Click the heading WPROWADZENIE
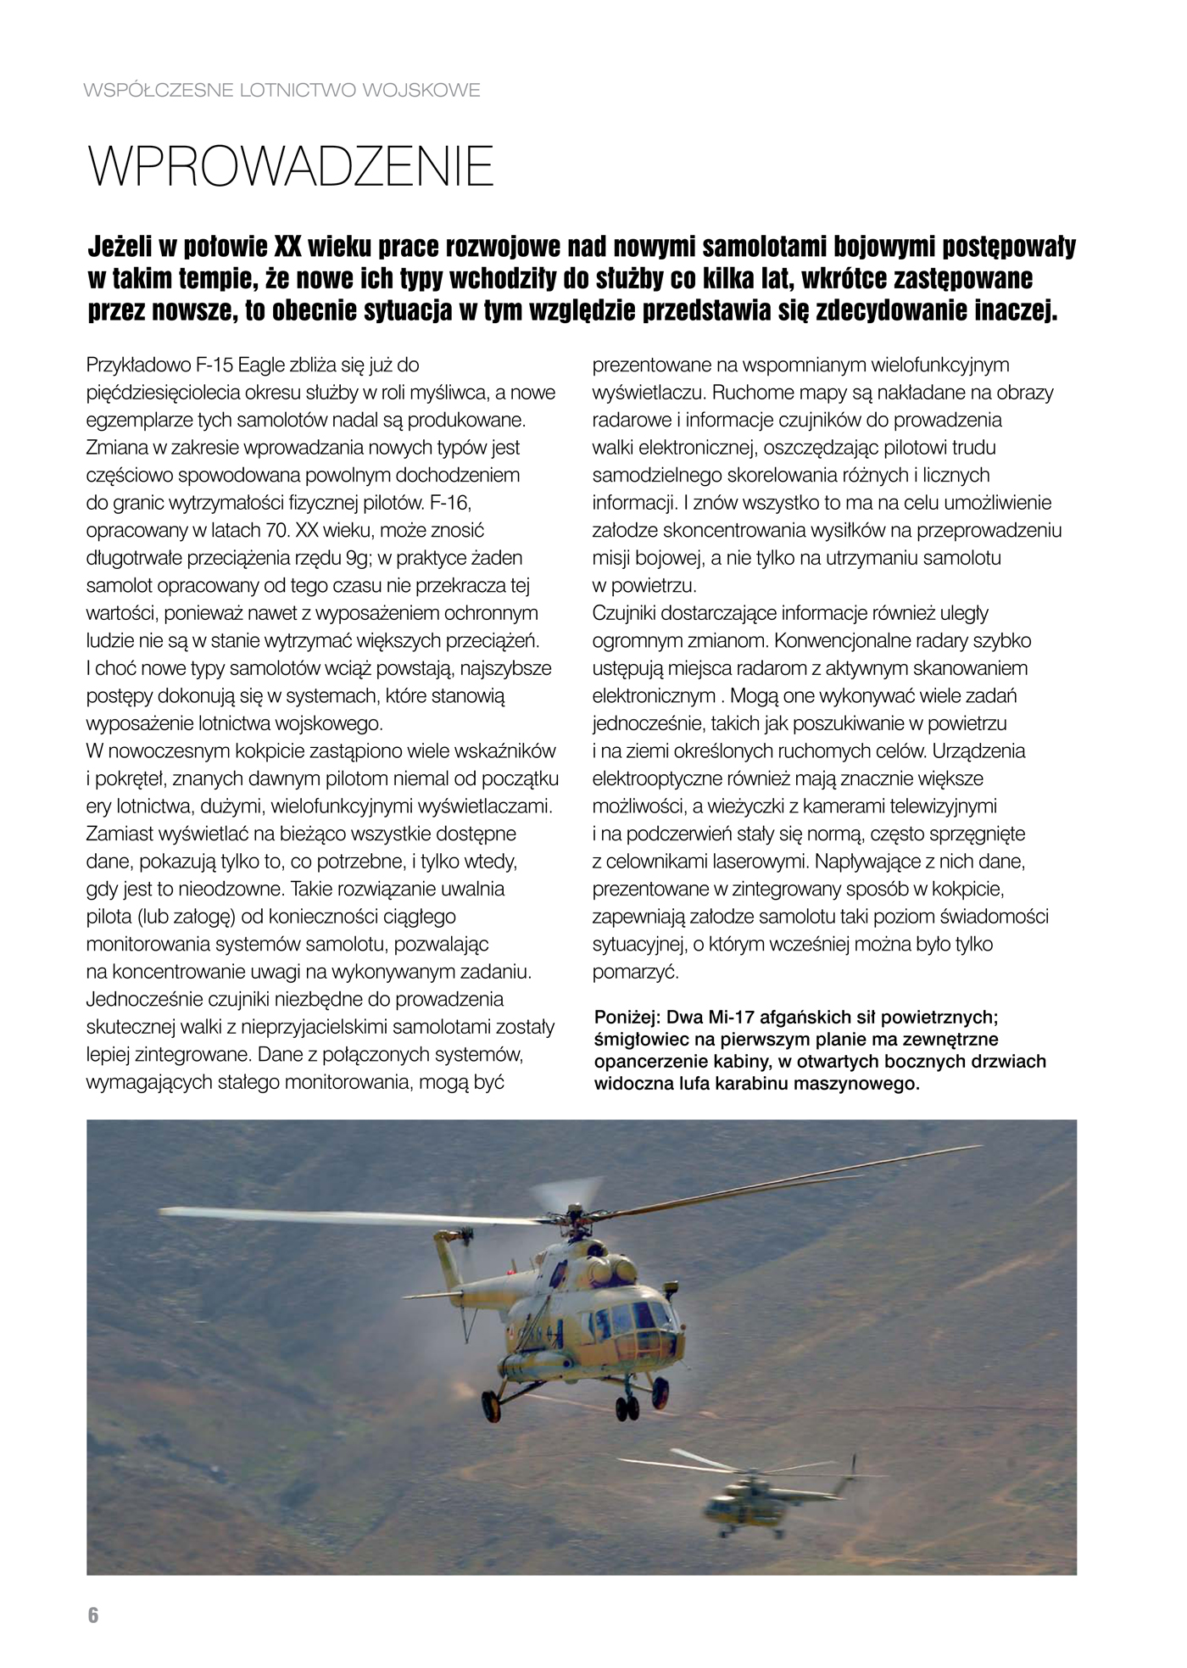coord(291,168)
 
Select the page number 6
coord(93,1615)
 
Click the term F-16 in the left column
coord(450,504)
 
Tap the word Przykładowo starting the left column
coord(138,365)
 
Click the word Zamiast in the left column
coord(116,834)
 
